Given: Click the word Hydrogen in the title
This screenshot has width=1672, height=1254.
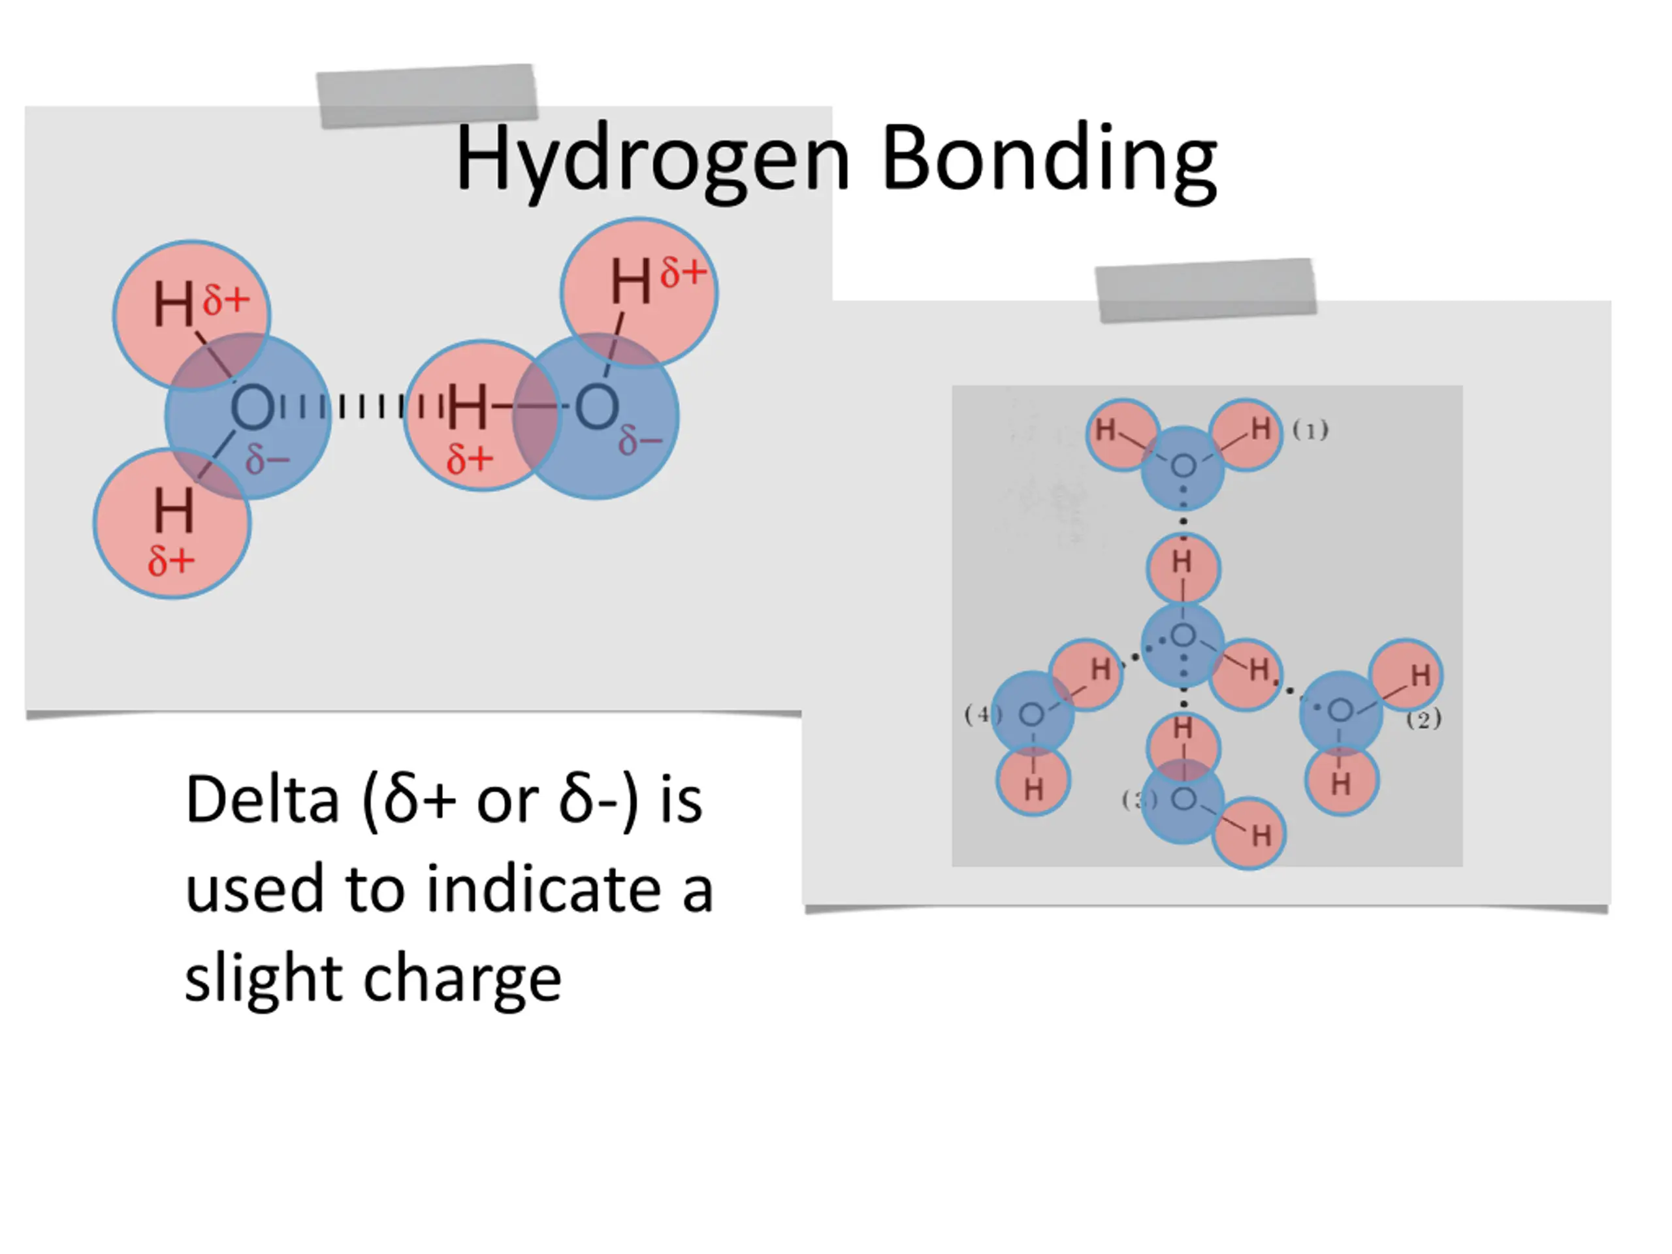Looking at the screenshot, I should pos(652,160).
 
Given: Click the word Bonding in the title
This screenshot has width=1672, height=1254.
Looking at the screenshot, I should pos(1049,160).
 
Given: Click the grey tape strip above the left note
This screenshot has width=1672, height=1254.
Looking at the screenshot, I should pos(427,96).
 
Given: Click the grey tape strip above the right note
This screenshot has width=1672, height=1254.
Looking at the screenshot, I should pos(1206,290).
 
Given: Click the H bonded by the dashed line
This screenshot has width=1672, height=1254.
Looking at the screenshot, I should pos(468,407).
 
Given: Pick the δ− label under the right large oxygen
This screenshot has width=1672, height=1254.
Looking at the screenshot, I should pos(639,441).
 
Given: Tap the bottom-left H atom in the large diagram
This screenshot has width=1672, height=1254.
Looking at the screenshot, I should pos(173,510).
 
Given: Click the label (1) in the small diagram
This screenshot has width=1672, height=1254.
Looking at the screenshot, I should pos(1310,430).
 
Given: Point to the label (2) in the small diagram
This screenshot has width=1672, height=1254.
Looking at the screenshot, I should pos(1423,719).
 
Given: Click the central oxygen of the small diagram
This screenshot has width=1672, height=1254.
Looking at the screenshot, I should pos(1183,636).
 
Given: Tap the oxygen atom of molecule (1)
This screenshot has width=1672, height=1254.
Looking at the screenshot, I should pos(1183,466).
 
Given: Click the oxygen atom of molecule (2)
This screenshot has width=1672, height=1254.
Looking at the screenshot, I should pos(1340,711).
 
